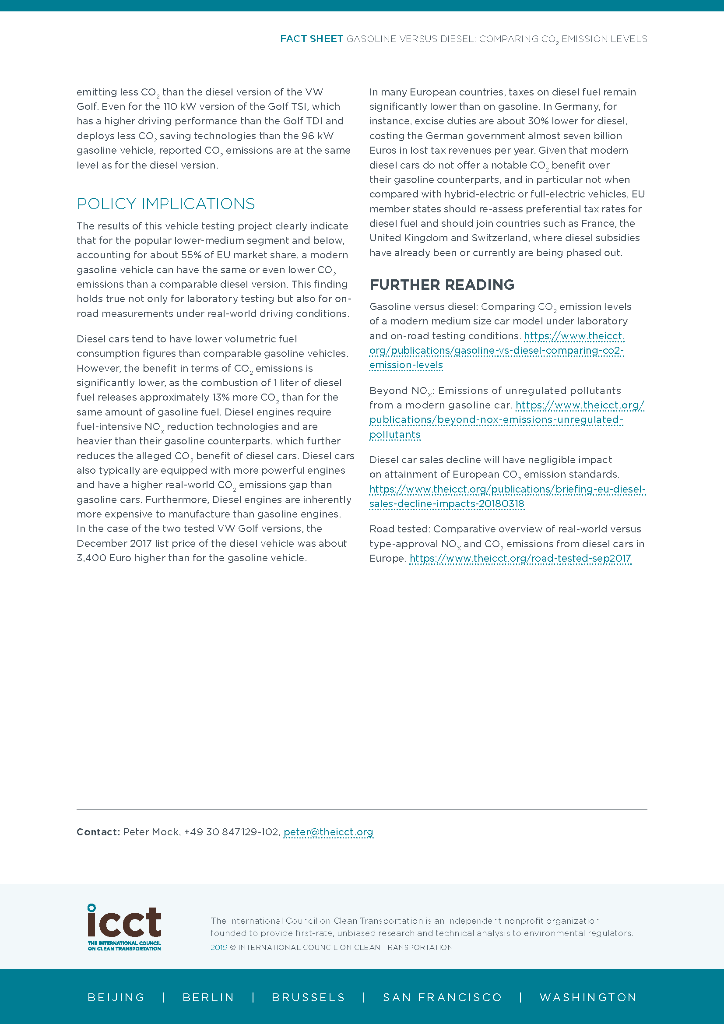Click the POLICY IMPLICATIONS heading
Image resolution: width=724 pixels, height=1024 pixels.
point(165,204)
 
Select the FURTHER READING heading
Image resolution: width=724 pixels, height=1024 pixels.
point(441,285)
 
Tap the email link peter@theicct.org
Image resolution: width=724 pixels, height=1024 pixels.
point(328,832)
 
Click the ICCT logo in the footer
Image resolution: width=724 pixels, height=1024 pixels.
point(124,927)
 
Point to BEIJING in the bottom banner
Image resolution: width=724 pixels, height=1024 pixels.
point(116,997)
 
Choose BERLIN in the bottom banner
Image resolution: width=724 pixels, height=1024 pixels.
point(208,997)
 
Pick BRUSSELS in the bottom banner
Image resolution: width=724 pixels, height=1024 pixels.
point(308,997)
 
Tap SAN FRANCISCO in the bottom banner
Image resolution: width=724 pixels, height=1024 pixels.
point(442,997)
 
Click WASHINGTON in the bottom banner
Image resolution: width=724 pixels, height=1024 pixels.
point(588,997)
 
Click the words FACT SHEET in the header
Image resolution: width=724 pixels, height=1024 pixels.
point(311,39)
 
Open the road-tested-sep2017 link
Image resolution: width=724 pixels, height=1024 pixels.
point(520,558)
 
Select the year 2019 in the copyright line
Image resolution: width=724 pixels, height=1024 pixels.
point(219,947)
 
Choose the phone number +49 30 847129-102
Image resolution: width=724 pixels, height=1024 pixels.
point(232,832)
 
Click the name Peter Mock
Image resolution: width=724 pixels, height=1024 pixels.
point(151,832)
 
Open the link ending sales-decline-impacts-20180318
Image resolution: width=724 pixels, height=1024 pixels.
point(447,504)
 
